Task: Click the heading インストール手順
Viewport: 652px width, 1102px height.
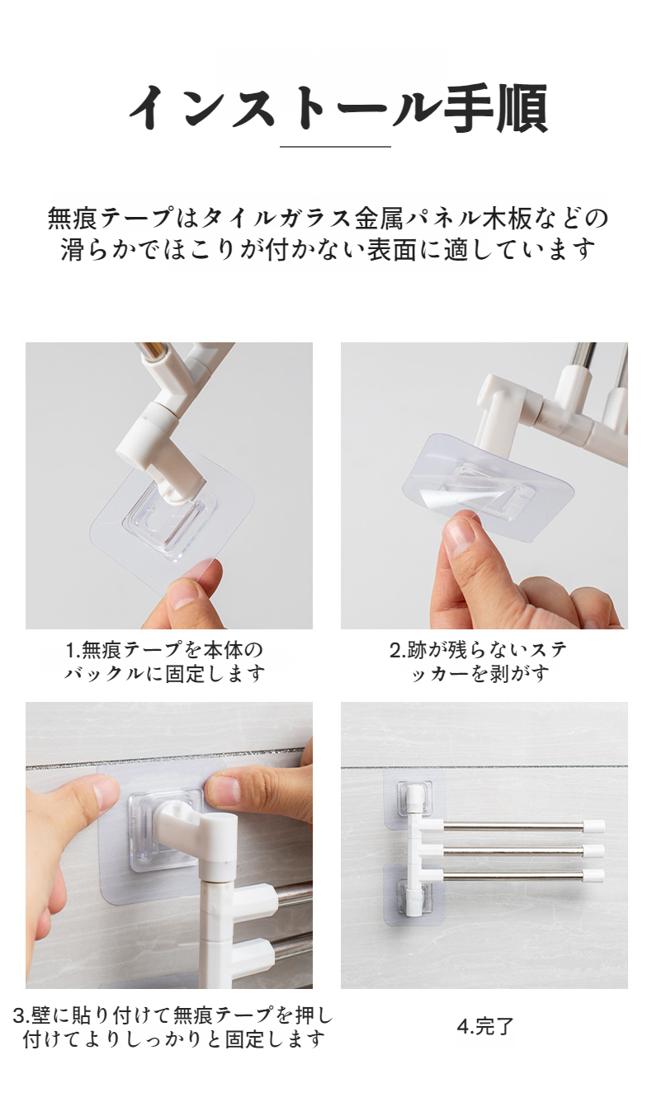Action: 338,109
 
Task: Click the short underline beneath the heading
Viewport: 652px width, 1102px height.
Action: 335,146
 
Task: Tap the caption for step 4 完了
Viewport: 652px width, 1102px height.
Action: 484,1026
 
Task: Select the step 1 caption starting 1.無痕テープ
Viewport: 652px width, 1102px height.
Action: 165,662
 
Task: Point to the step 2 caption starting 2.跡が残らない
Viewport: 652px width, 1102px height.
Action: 479,662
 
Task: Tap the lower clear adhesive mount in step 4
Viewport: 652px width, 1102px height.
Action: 413,894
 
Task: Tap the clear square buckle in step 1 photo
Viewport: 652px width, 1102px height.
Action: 171,519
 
